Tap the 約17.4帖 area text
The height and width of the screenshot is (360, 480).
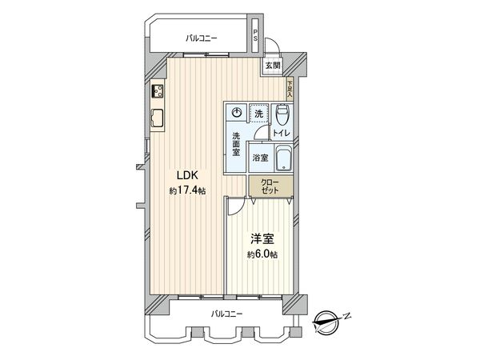pyautogui.click(x=185, y=191)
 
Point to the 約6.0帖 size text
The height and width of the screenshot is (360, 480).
pyautogui.click(x=262, y=254)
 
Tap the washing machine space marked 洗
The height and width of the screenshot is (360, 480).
pyautogui.click(x=258, y=113)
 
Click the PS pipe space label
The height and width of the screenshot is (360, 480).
pyautogui.click(x=254, y=35)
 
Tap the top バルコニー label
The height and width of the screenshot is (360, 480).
pyautogui.click(x=200, y=37)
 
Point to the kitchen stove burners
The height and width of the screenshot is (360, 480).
pyautogui.click(x=156, y=92)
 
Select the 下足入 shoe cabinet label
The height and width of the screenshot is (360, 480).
pyautogui.click(x=289, y=89)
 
